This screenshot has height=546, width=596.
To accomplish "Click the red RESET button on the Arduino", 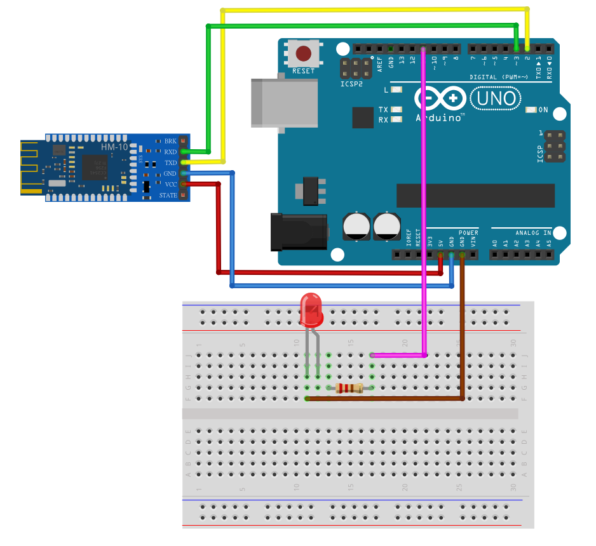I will point(304,53).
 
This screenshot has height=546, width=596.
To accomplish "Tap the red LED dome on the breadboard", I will point(312,310).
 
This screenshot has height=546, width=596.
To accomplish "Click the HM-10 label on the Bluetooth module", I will point(114,147).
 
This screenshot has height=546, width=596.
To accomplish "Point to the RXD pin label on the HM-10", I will point(170,152).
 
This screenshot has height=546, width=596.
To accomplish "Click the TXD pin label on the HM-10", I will point(170,163).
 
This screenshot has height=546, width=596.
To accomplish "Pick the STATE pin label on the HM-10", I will point(168,195).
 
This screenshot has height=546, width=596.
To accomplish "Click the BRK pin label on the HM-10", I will point(170,141).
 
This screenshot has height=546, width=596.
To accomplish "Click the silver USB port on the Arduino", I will point(283,102).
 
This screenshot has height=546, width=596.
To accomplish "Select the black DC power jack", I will point(299,233).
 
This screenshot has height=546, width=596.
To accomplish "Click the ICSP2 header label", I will point(351,83).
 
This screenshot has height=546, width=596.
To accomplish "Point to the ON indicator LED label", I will point(543,110).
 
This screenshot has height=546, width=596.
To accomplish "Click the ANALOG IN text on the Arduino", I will point(532,233).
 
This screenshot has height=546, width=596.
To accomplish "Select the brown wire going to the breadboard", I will point(462,330).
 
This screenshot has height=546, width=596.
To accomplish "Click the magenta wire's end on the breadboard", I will point(372,356).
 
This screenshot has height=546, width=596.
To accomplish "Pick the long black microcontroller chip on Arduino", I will point(475,195).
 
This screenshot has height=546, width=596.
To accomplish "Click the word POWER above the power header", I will point(468,233).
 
